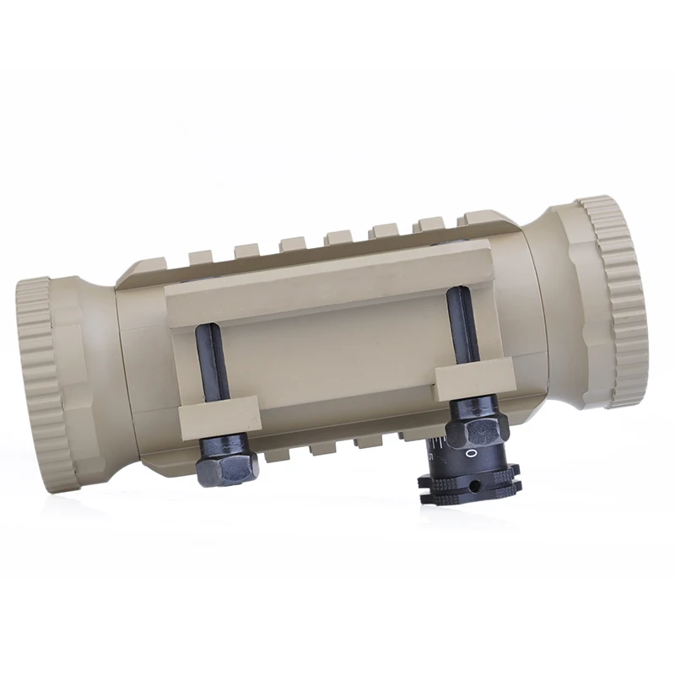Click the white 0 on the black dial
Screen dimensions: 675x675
coord(472,453)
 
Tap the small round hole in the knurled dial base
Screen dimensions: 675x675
coord(475,486)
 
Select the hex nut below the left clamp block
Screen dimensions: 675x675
coord(228,462)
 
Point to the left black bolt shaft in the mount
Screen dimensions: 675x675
coord(213,363)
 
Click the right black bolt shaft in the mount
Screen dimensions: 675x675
coord(462,325)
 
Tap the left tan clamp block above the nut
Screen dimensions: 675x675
coord(219,418)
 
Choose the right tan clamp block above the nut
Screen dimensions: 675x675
coord(473,381)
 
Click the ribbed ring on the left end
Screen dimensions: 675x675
coord(46,384)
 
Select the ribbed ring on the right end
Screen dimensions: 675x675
coord(617,301)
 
